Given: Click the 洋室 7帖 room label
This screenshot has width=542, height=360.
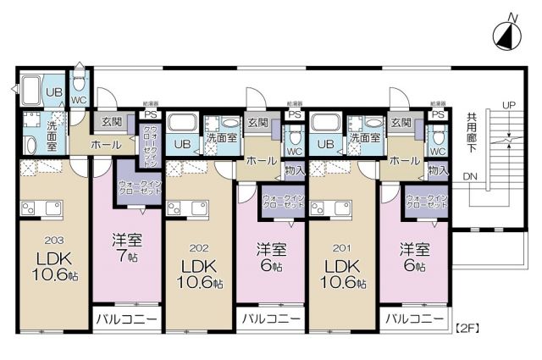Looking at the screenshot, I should click(125, 247).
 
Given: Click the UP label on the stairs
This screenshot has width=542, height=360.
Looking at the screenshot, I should click(508, 105).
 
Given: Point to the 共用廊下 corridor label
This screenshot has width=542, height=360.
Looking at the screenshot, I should click(472, 136).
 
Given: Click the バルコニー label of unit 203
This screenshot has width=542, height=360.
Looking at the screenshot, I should click(125, 319).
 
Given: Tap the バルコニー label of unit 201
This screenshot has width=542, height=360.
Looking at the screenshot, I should click(414, 319).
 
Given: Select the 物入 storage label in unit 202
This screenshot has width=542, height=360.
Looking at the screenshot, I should click(295, 169).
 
